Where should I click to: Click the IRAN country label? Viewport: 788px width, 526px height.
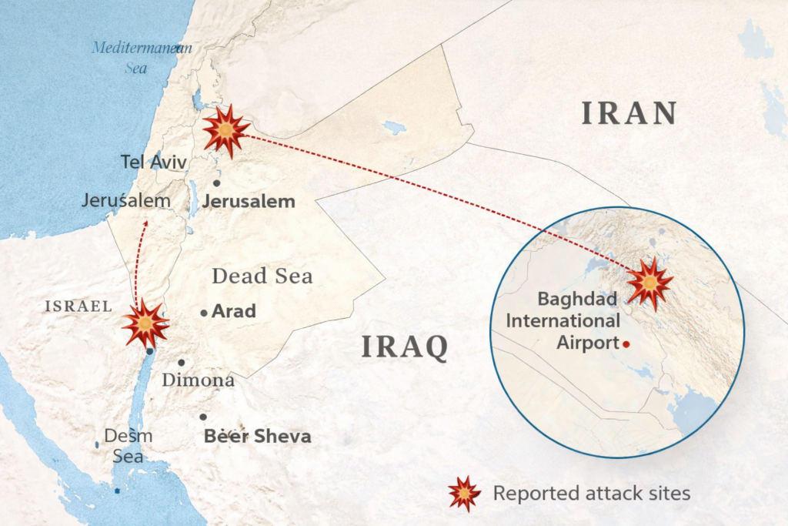pyautogui.click(x=629, y=113)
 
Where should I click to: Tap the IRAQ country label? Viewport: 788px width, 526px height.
pyautogui.click(x=405, y=347)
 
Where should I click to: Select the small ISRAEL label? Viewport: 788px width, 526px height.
pyautogui.click(x=78, y=306)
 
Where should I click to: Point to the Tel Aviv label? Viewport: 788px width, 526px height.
pyautogui.click(x=154, y=162)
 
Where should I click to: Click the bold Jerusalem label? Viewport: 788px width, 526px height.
pyautogui.click(x=249, y=202)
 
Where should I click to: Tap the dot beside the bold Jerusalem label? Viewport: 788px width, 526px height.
pyautogui.click(x=217, y=183)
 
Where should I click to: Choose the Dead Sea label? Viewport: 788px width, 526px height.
pyautogui.click(x=262, y=276)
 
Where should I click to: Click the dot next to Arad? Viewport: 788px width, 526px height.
pyautogui.click(x=203, y=313)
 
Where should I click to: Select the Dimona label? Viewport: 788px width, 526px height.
pyautogui.click(x=198, y=380)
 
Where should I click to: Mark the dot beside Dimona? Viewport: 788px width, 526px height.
pyautogui.click(x=181, y=362)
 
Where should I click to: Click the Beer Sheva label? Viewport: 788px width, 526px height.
pyautogui.click(x=257, y=437)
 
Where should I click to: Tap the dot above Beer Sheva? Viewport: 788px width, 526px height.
pyautogui.click(x=203, y=417)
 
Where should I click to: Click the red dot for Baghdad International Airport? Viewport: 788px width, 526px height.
pyautogui.click(x=627, y=343)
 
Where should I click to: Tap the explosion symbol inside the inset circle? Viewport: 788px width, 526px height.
pyautogui.click(x=649, y=283)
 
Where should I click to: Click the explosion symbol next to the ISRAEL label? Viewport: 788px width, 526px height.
pyautogui.click(x=145, y=324)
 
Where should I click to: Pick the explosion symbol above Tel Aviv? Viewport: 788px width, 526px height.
pyautogui.click(x=225, y=132)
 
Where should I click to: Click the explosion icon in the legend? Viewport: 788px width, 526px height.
pyautogui.click(x=464, y=493)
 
